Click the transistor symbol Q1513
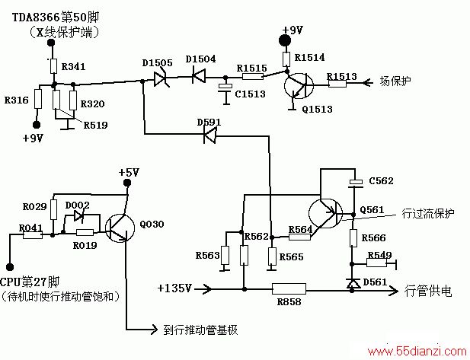click(x=299, y=85)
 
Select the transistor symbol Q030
click(x=120, y=228)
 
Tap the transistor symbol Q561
click(x=325, y=213)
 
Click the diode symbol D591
click(x=209, y=135)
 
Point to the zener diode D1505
click(x=161, y=79)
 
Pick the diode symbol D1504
click(x=198, y=76)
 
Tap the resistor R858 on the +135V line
click(x=289, y=289)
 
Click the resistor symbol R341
click(x=53, y=66)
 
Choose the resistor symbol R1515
click(x=252, y=76)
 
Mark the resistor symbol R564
click(x=299, y=237)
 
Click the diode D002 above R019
click(x=78, y=215)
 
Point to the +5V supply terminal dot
click(x=127, y=183)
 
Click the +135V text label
click(x=174, y=288)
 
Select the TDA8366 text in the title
click(x=37, y=17)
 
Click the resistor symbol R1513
click(x=337, y=83)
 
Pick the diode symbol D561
click(x=353, y=284)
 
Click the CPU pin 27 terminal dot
click(x=10, y=266)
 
